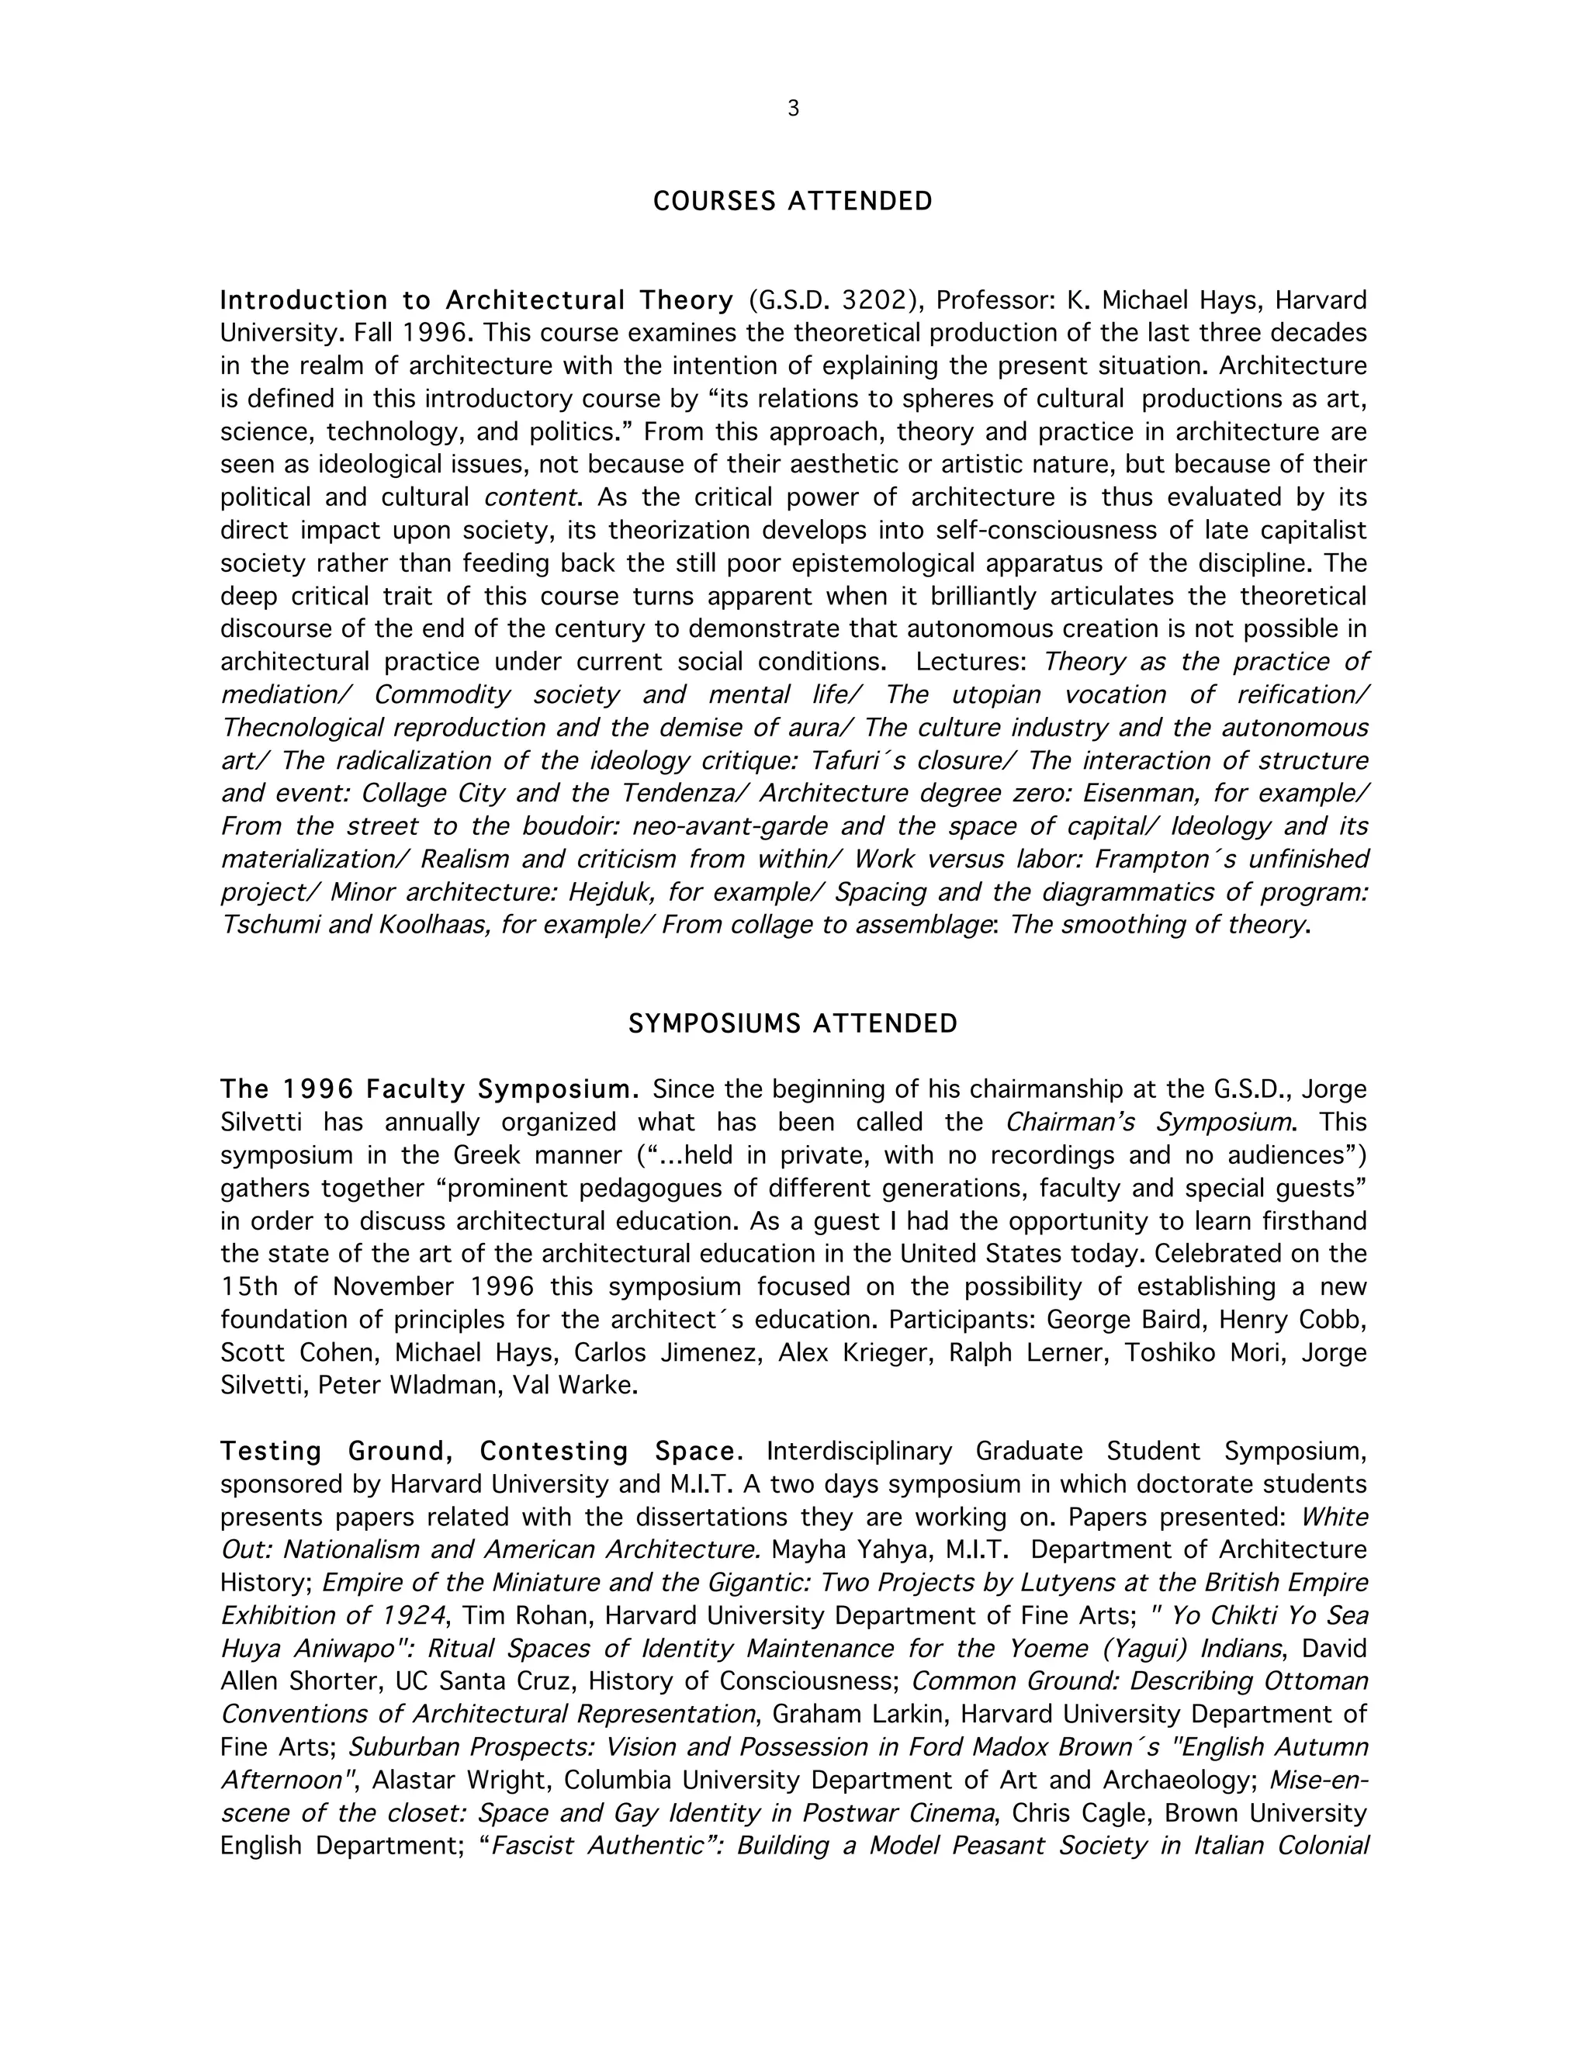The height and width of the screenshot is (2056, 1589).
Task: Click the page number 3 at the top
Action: [793, 109]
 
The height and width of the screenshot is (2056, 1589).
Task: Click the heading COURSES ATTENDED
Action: [793, 202]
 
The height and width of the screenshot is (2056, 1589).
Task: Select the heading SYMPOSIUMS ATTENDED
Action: [793, 1023]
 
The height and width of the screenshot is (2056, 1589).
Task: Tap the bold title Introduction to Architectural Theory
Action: [476, 300]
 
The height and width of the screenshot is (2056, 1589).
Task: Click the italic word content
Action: [529, 497]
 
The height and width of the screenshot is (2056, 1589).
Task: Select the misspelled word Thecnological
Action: [300, 728]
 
